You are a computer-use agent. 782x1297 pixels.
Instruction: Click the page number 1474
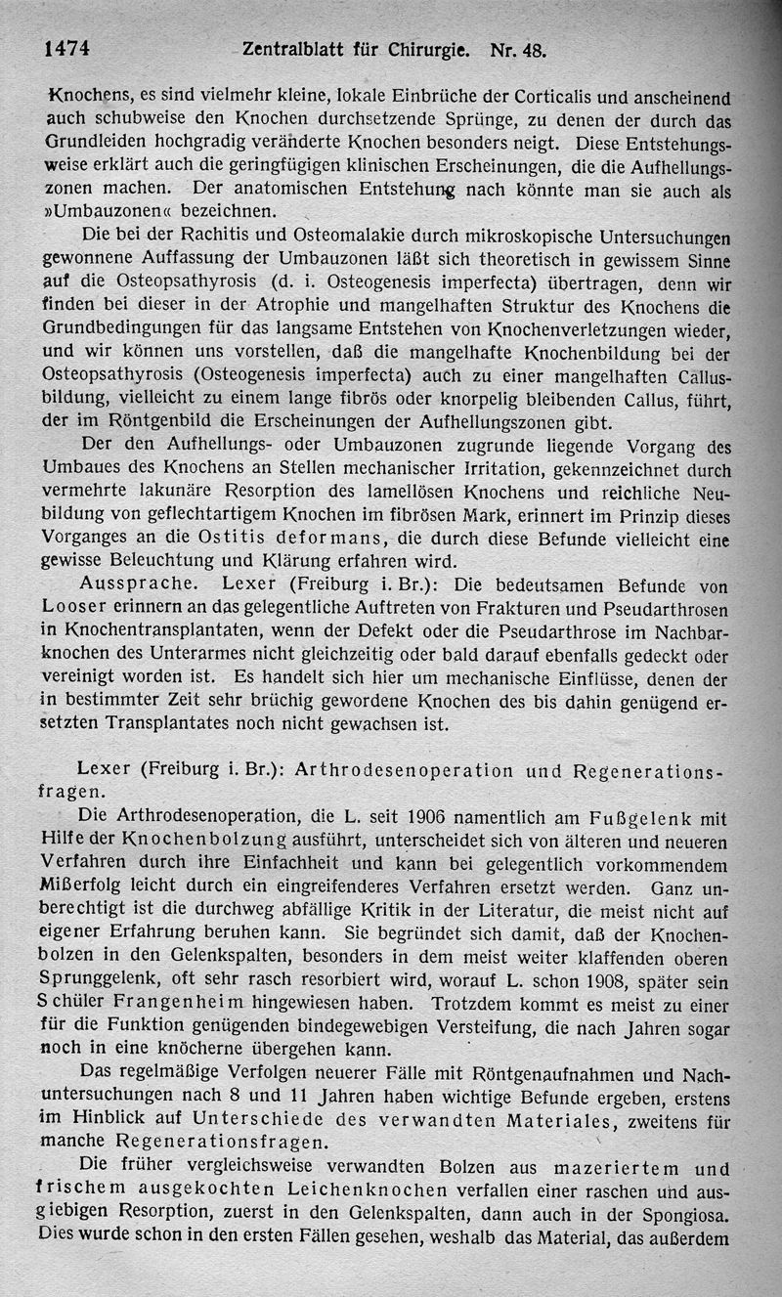[67, 48]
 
